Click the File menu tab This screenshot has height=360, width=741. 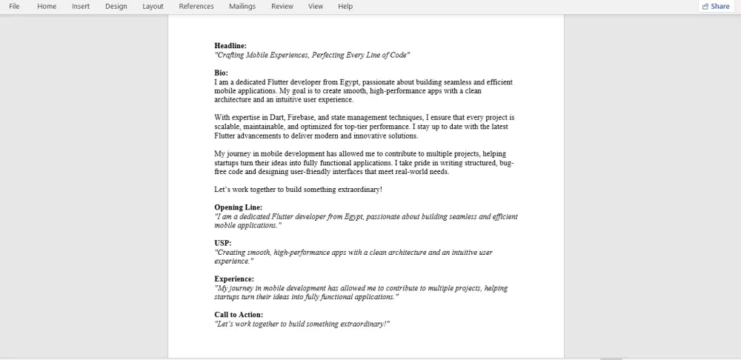[x=14, y=7]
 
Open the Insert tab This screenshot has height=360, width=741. [x=81, y=7]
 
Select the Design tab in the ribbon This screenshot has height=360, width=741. [x=116, y=7]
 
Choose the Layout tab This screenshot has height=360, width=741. [x=153, y=7]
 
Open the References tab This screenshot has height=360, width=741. [x=196, y=7]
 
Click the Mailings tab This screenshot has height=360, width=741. [x=242, y=7]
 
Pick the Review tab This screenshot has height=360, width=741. [x=282, y=7]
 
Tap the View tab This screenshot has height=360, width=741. [x=316, y=7]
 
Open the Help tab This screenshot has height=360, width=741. [x=345, y=7]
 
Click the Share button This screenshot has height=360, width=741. [x=715, y=7]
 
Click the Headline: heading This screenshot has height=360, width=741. [x=230, y=46]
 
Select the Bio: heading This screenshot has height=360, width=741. [x=222, y=73]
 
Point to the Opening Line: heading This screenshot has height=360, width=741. [x=239, y=207]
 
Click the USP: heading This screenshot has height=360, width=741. [x=223, y=243]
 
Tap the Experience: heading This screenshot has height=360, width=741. [x=234, y=279]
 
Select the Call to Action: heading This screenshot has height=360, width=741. [x=239, y=315]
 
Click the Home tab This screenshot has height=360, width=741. [x=47, y=7]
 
